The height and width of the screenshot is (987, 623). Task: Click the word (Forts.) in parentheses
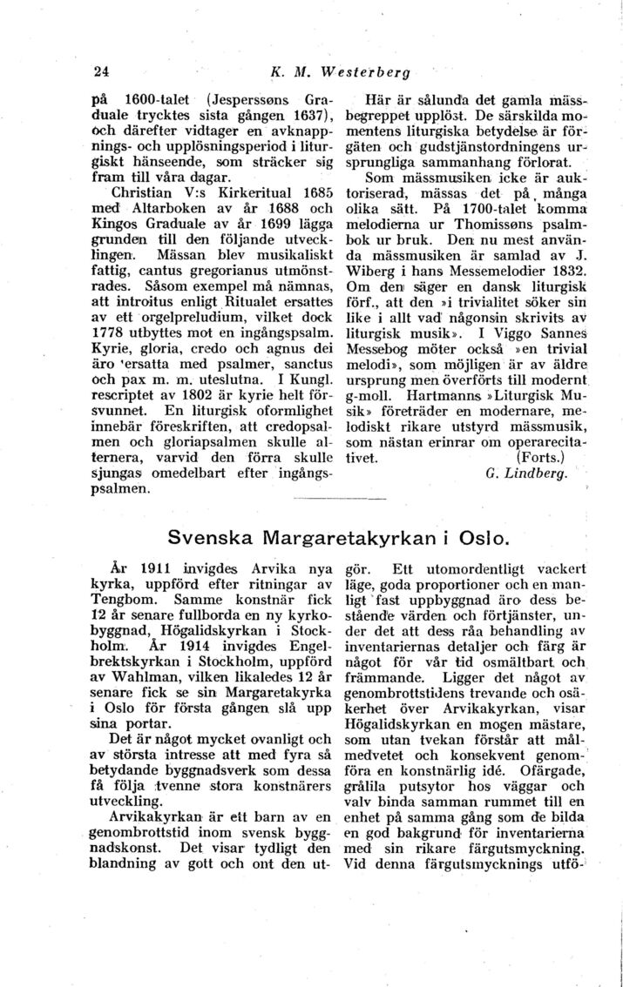(541, 455)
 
